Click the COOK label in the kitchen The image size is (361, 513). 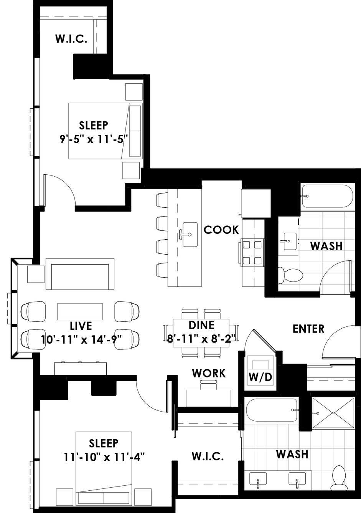coord(221,230)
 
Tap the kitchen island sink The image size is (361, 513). coord(190,234)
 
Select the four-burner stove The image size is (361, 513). coord(252,253)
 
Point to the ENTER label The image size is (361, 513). coord(308,329)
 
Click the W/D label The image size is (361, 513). coord(260,377)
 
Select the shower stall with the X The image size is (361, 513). coord(333,413)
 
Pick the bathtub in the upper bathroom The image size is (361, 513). coord(327,196)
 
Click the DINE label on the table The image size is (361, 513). coord(201,325)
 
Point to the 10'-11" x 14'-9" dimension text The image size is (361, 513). coord(81,339)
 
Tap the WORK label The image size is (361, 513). coord(209,373)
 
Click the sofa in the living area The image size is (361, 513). coord(80,274)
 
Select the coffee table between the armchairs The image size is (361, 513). coord(80,311)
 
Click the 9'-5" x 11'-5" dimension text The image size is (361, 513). coord(93,139)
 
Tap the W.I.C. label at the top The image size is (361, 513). coord(71,39)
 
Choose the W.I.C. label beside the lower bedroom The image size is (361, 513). coord(208,456)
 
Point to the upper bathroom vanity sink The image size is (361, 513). coord(290,241)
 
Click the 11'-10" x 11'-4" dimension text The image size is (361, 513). coord(104,458)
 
